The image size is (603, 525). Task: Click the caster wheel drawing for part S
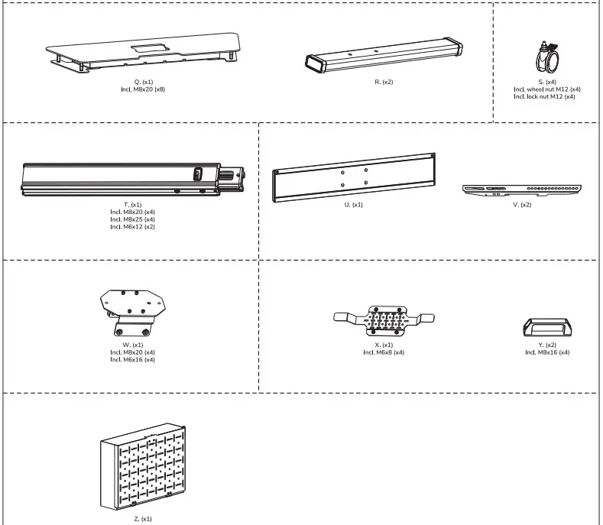546,58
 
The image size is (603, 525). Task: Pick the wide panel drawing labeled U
354,177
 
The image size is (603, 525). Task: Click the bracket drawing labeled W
132,309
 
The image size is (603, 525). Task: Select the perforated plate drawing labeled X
384,319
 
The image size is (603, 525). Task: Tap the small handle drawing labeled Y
546,328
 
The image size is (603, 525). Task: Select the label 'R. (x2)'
384,82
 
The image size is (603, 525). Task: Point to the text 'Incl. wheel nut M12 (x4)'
546,89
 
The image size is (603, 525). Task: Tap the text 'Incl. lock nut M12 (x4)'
544,96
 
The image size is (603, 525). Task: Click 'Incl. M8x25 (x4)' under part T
132,219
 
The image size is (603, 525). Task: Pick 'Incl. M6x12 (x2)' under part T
132,227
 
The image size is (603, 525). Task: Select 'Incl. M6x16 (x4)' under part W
132,359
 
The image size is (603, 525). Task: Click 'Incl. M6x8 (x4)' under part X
384,352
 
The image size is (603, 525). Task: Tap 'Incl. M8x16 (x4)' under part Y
546,352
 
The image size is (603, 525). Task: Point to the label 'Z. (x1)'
141,519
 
